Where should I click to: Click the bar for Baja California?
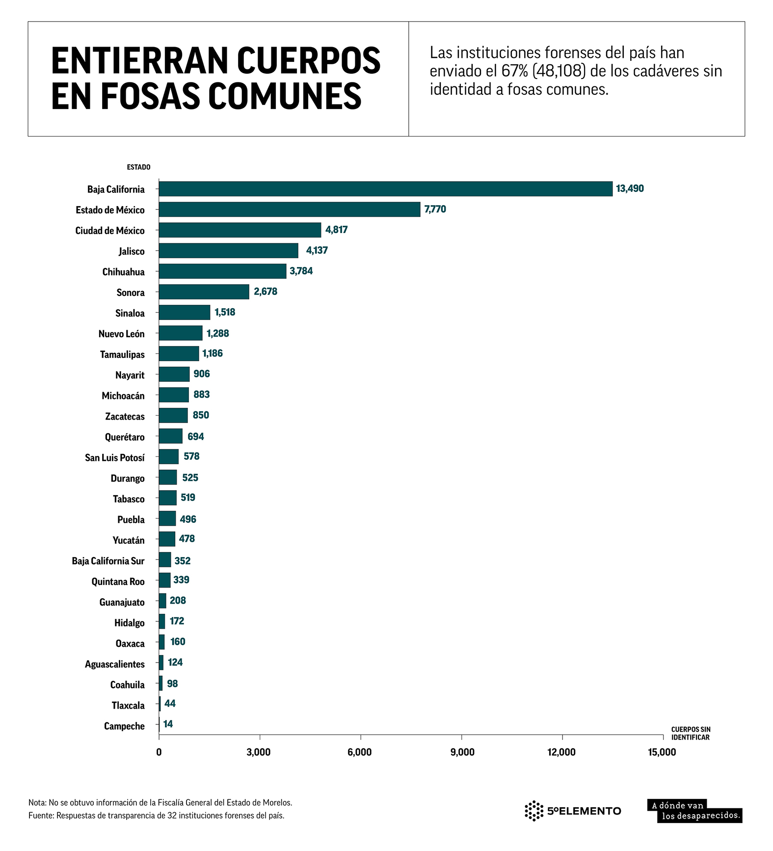click(385, 189)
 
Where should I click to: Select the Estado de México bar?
click(290, 210)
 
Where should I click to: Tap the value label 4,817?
click(336, 230)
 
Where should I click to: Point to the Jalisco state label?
click(132, 251)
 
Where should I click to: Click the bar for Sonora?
click(204, 292)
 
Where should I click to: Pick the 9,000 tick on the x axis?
click(462, 752)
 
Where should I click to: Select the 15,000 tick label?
click(662, 752)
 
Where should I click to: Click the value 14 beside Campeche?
click(168, 724)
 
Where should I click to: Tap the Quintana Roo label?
click(118, 582)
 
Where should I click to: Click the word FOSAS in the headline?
click(151, 96)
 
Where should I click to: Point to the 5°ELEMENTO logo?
click(573, 811)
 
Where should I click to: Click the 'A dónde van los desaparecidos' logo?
click(694, 811)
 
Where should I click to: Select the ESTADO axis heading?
click(138, 167)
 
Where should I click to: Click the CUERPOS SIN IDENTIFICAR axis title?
click(691, 733)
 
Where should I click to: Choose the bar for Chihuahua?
click(222, 271)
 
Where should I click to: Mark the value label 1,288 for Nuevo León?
click(217, 334)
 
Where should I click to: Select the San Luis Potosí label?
click(115, 458)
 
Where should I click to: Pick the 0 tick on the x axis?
click(159, 752)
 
